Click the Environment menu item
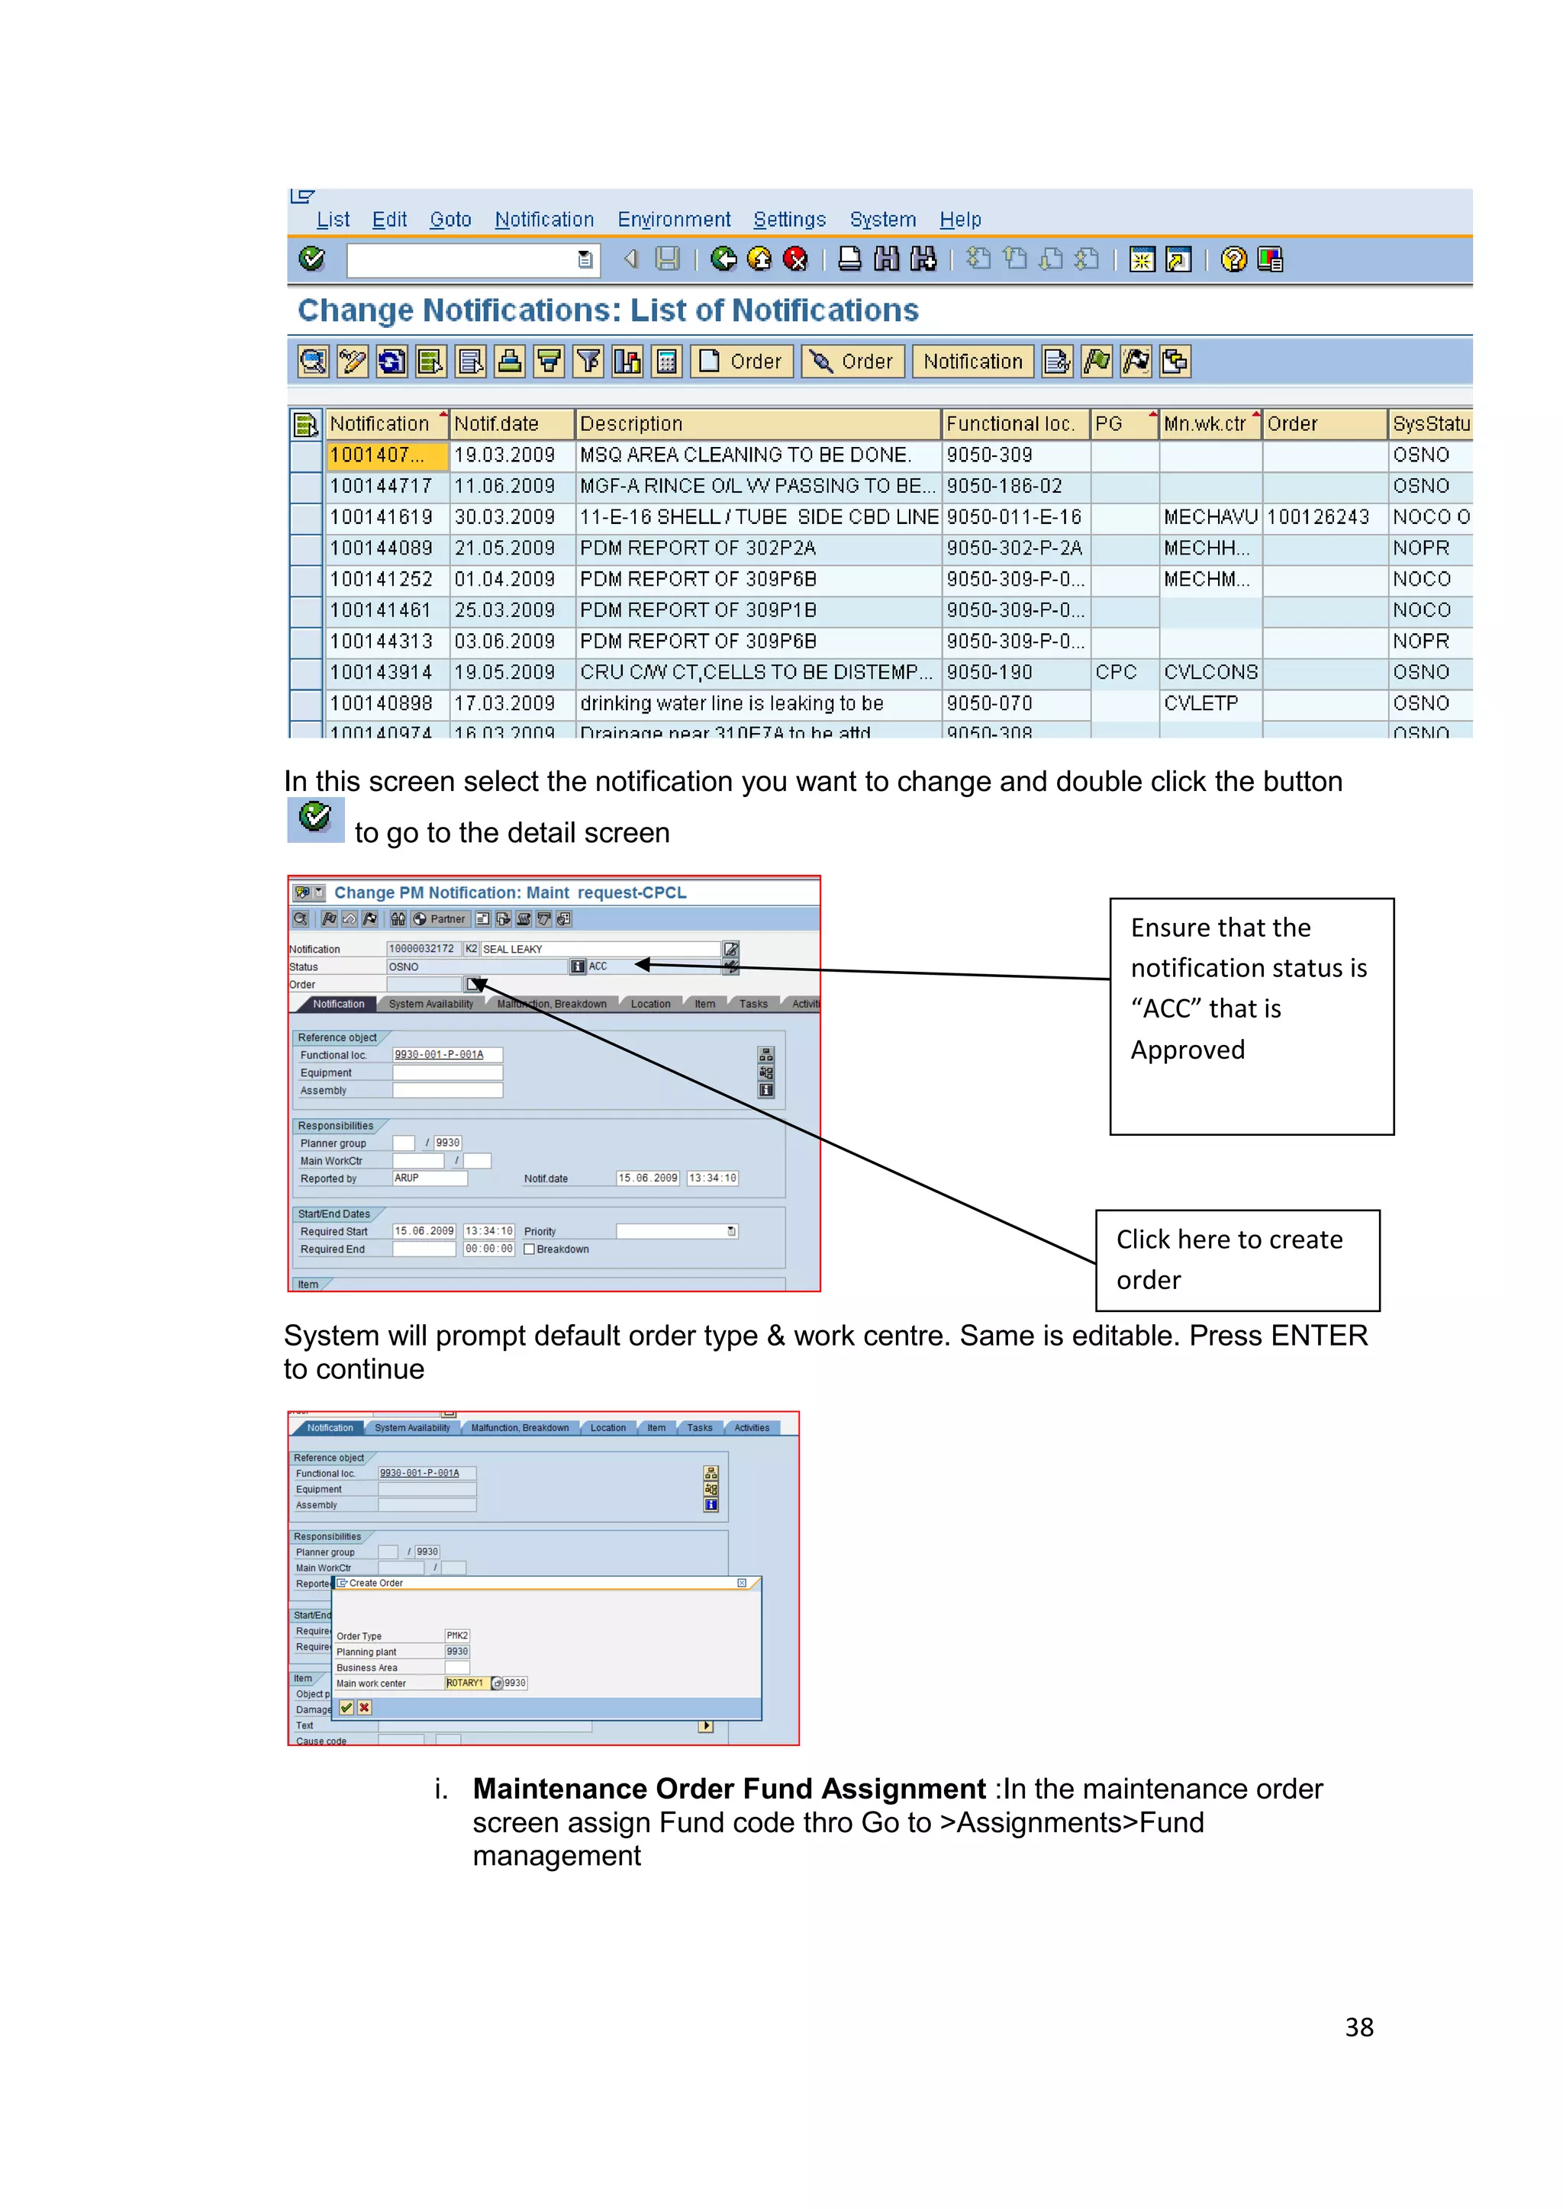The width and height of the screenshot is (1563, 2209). tap(674, 220)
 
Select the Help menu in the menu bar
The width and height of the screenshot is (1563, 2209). tap(959, 220)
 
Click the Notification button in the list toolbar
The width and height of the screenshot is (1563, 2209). tap(972, 362)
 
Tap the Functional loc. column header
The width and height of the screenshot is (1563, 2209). tap(1010, 424)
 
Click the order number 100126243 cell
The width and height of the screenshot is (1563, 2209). tap(1317, 518)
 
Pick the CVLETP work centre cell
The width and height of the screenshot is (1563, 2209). tap(1200, 703)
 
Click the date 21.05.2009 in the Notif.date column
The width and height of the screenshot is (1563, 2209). tap(504, 548)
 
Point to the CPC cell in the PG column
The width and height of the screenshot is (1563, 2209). tap(1116, 673)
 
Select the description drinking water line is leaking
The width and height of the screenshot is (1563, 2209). tap(731, 703)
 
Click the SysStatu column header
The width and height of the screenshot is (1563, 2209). tap(1430, 424)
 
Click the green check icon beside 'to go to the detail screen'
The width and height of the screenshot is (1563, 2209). tap(314, 818)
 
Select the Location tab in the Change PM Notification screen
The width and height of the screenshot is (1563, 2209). tap(650, 1004)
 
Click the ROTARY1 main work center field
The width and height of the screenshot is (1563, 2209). tap(466, 1683)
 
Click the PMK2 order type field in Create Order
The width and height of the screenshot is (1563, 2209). tap(457, 1635)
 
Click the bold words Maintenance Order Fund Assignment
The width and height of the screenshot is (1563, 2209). tap(729, 1789)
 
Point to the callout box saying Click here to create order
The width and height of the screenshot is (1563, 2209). tap(1236, 1259)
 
